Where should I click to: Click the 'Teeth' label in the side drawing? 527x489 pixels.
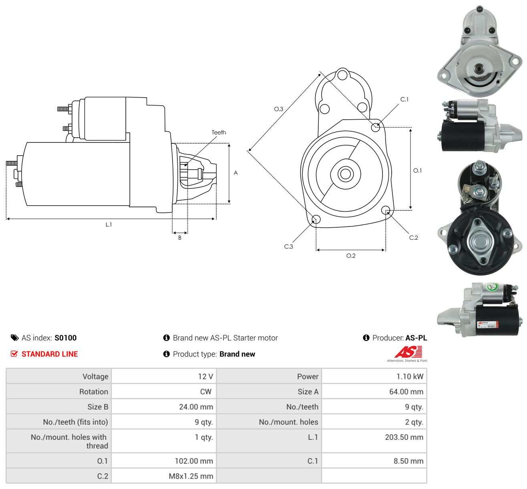219,132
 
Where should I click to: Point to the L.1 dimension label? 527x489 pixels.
109,224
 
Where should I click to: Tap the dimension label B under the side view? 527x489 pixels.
180,238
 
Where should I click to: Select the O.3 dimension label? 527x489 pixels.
278,109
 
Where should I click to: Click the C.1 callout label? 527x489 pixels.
404,100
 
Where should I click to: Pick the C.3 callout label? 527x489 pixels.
288,247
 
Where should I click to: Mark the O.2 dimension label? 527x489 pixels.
351,256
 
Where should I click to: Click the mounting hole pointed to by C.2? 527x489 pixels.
386,210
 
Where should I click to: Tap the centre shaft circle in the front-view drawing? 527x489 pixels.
345,174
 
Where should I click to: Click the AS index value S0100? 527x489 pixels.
66,338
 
